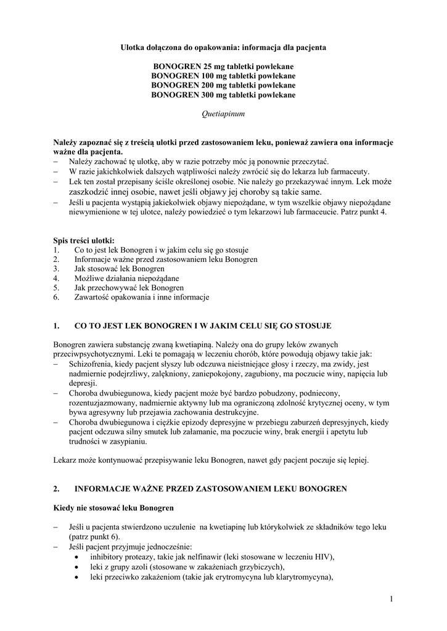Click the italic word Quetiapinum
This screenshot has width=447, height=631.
click(x=223, y=114)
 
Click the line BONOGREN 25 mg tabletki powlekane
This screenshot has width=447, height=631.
click(x=223, y=66)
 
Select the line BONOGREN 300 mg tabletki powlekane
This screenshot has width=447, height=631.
click(x=223, y=95)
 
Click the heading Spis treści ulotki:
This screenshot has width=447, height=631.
click(x=84, y=240)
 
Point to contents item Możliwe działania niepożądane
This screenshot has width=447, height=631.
click(x=118, y=278)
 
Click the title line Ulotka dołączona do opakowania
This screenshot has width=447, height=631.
click(x=223, y=47)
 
